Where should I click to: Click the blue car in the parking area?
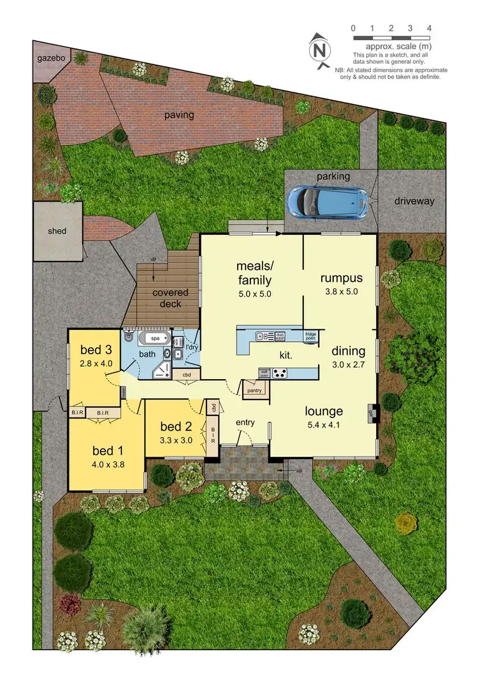tap(327, 200)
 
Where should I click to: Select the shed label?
tap(57, 231)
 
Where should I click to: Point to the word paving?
tap(179, 115)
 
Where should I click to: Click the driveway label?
tap(414, 201)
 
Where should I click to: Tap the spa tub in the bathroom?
tap(156, 338)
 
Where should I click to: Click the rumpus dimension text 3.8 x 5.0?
tap(342, 291)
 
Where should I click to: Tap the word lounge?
tap(324, 412)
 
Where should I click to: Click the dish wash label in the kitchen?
tap(280, 336)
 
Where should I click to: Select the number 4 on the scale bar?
tap(430, 28)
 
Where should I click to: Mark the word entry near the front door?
tap(245, 422)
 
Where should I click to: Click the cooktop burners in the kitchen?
tap(280, 373)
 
